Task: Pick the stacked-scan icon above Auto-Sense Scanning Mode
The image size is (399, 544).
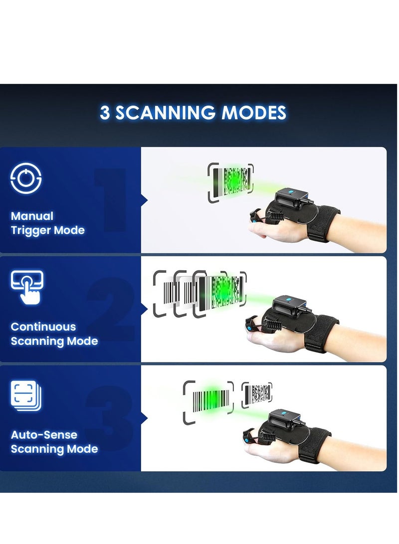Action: [x=26, y=396]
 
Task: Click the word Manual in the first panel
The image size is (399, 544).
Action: [x=32, y=216]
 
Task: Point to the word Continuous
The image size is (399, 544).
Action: [x=43, y=327]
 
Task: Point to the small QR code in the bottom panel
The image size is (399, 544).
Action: [x=257, y=394]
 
